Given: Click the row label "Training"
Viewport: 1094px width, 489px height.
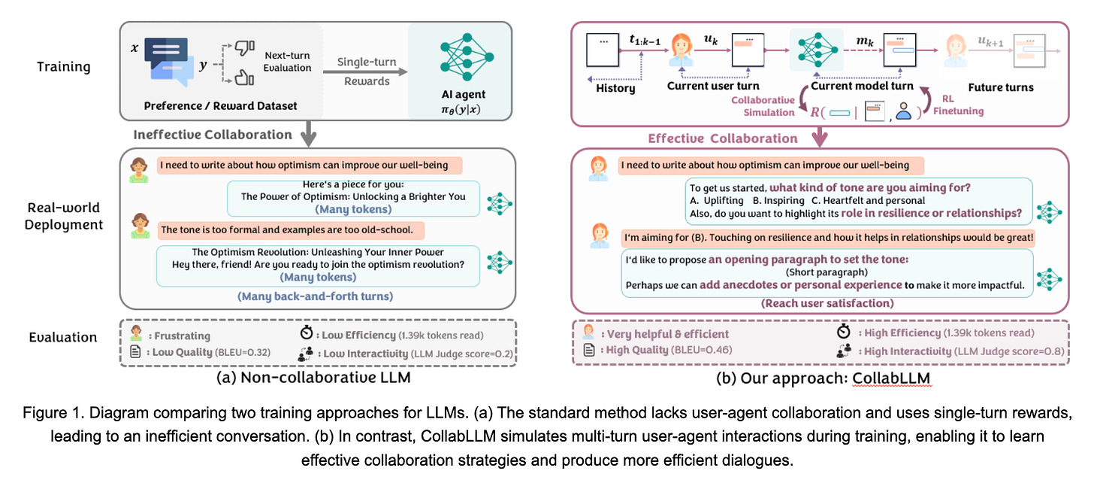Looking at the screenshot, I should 64,67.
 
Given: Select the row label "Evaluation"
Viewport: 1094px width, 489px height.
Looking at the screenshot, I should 63,337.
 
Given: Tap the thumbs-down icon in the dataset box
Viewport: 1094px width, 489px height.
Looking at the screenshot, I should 244,46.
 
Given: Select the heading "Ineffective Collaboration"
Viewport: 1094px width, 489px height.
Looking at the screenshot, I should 213,135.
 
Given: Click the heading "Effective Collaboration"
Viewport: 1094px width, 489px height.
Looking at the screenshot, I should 723,138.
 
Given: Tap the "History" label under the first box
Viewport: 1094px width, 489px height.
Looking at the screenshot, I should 615,88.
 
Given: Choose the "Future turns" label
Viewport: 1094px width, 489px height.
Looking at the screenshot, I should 1000,87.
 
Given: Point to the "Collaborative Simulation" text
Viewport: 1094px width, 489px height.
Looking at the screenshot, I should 763,105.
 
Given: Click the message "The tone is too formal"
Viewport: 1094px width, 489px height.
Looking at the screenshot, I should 292,228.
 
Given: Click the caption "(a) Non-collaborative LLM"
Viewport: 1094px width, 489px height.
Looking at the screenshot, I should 313,377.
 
